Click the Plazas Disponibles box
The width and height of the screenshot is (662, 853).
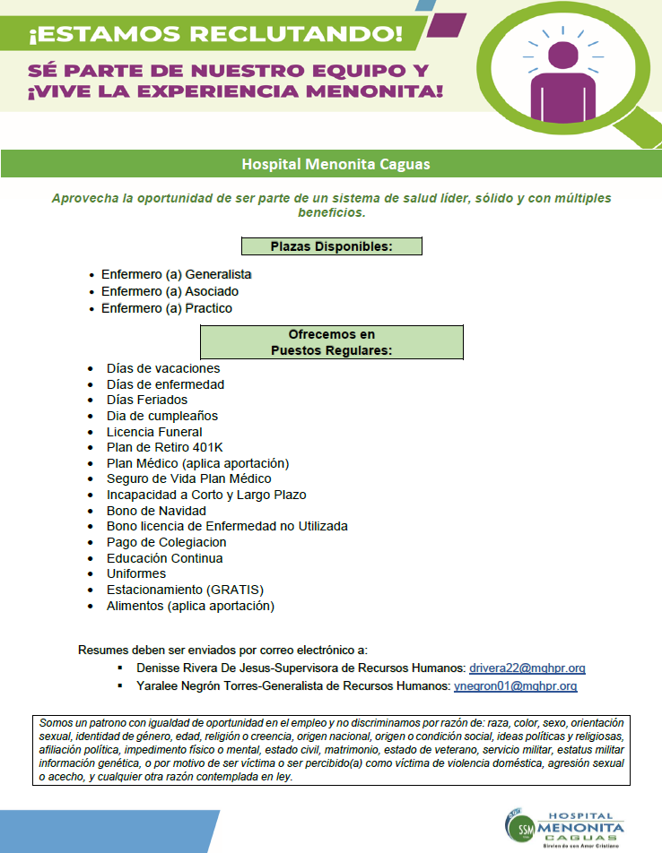pos(331,246)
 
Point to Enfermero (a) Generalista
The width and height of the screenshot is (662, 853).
pos(176,274)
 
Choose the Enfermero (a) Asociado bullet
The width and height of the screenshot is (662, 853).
pos(170,291)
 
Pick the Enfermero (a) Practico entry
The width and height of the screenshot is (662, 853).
pos(166,308)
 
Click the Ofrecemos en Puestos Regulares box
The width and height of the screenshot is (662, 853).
pos(331,342)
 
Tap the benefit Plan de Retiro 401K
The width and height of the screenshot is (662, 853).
pos(165,447)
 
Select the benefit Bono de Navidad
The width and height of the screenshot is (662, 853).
pos(156,511)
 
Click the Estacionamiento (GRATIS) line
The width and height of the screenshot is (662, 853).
pos(185,590)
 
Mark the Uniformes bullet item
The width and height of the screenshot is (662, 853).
pos(135,573)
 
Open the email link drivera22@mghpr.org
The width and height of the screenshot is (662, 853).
pos(527,668)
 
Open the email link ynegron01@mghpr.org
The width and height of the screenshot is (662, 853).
pos(515,686)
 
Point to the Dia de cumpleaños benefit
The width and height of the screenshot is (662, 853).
pos(161,416)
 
